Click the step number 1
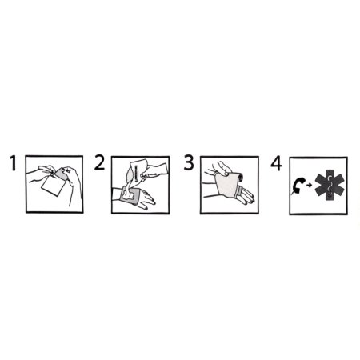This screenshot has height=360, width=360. (x=14, y=163)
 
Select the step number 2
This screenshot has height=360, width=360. (x=99, y=162)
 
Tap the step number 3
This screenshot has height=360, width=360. (x=189, y=162)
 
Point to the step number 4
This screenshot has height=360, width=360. (x=276, y=163)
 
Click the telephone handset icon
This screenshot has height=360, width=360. (x=298, y=186)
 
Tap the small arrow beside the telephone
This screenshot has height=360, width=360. (x=309, y=186)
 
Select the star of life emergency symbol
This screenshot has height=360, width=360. (x=330, y=185)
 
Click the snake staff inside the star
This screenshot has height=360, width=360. (x=330, y=185)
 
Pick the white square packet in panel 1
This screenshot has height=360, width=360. (x=54, y=186)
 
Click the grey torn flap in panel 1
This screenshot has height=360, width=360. (x=62, y=174)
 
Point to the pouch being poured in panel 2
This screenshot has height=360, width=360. (x=137, y=170)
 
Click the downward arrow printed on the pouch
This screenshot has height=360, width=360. (x=136, y=174)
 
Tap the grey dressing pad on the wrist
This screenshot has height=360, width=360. (x=129, y=196)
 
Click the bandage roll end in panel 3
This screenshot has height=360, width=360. (x=241, y=177)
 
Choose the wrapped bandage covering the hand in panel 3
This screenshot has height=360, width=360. (x=227, y=185)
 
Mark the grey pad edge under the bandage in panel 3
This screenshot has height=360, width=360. (x=238, y=192)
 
